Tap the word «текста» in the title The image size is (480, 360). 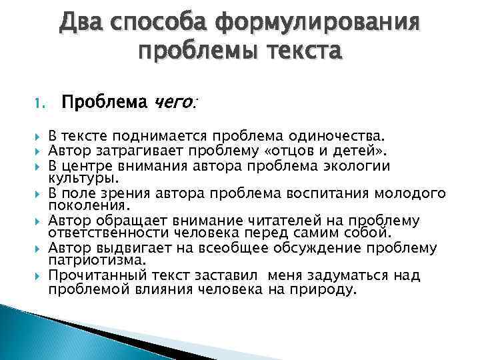299,50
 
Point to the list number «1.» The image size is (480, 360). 38,103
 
